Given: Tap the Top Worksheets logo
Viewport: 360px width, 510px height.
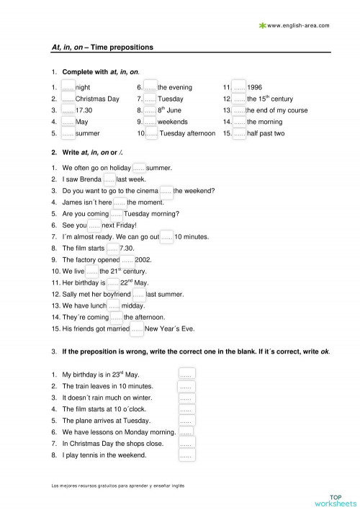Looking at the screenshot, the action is pos(335,500).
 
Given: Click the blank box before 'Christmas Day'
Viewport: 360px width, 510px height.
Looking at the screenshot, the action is pos(68,99).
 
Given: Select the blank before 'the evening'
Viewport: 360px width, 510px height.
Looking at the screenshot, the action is pos(150,87).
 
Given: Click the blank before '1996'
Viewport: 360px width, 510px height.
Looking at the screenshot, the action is pos(238,87).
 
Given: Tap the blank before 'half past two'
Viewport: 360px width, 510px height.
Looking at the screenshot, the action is pos(239,133).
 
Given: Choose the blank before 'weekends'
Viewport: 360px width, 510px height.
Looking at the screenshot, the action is pos(150,122).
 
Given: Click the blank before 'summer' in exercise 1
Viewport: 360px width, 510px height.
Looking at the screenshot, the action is pos(68,133).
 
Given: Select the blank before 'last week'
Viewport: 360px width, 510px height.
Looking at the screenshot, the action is pos(109,179).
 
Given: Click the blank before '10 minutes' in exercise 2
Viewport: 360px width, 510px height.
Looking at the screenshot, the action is pos(166,236).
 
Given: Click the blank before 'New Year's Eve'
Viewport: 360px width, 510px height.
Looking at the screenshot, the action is pos(137,328).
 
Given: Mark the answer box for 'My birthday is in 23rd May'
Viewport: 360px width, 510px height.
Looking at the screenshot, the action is pos(186,375).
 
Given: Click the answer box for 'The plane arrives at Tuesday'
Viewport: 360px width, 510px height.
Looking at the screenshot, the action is pos(186,421).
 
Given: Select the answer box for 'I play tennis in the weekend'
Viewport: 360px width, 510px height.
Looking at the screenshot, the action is pos(186,455).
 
